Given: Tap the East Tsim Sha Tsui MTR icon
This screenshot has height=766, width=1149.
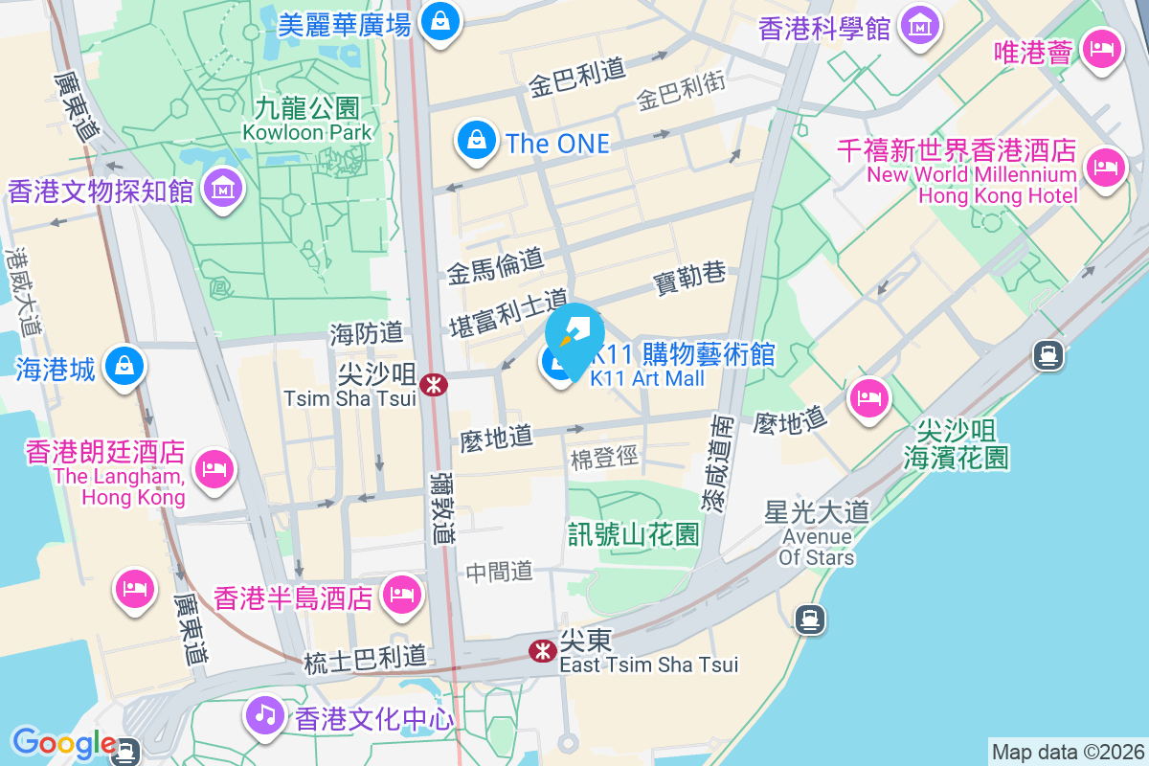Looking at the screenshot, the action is click(543, 651).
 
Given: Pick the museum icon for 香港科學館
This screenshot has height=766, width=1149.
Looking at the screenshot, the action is click(920, 27).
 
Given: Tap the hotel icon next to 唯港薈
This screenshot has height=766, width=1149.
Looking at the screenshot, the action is click(1102, 50).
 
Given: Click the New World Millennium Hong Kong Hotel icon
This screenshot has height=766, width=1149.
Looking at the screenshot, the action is click(1104, 169).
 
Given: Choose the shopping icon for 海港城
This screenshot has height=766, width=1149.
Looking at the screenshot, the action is click(125, 368).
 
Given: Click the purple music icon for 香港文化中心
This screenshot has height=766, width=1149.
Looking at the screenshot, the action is click(264, 714).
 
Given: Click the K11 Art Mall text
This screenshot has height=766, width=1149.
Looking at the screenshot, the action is click(647, 378).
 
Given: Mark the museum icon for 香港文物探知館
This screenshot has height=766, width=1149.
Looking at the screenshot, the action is click(224, 190).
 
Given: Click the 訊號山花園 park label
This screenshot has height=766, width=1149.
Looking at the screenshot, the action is click(634, 534).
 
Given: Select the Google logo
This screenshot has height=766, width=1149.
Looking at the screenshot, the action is click(63, 743).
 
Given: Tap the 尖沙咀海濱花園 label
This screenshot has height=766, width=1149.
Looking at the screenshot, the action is click(956, 442).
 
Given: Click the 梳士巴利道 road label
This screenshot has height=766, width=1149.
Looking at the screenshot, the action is click(364, 659).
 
